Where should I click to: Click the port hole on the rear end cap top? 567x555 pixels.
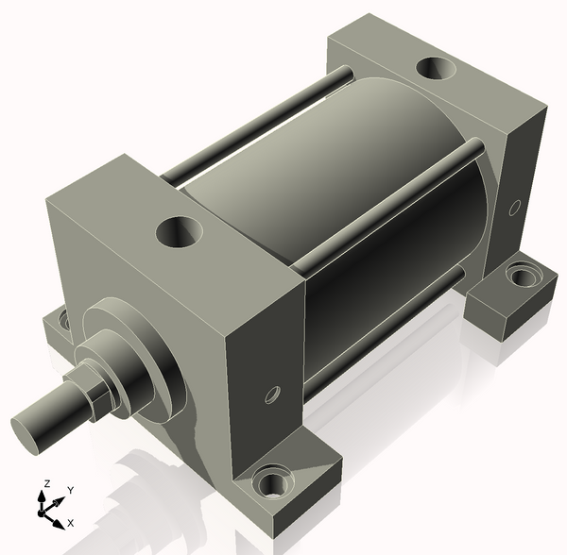(436, 69)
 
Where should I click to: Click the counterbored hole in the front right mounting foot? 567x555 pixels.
(274, 486)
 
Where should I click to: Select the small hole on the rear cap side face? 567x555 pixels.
(516, 205)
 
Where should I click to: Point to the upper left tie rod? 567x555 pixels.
(265, 123)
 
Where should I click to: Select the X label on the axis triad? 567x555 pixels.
(71, 522)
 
